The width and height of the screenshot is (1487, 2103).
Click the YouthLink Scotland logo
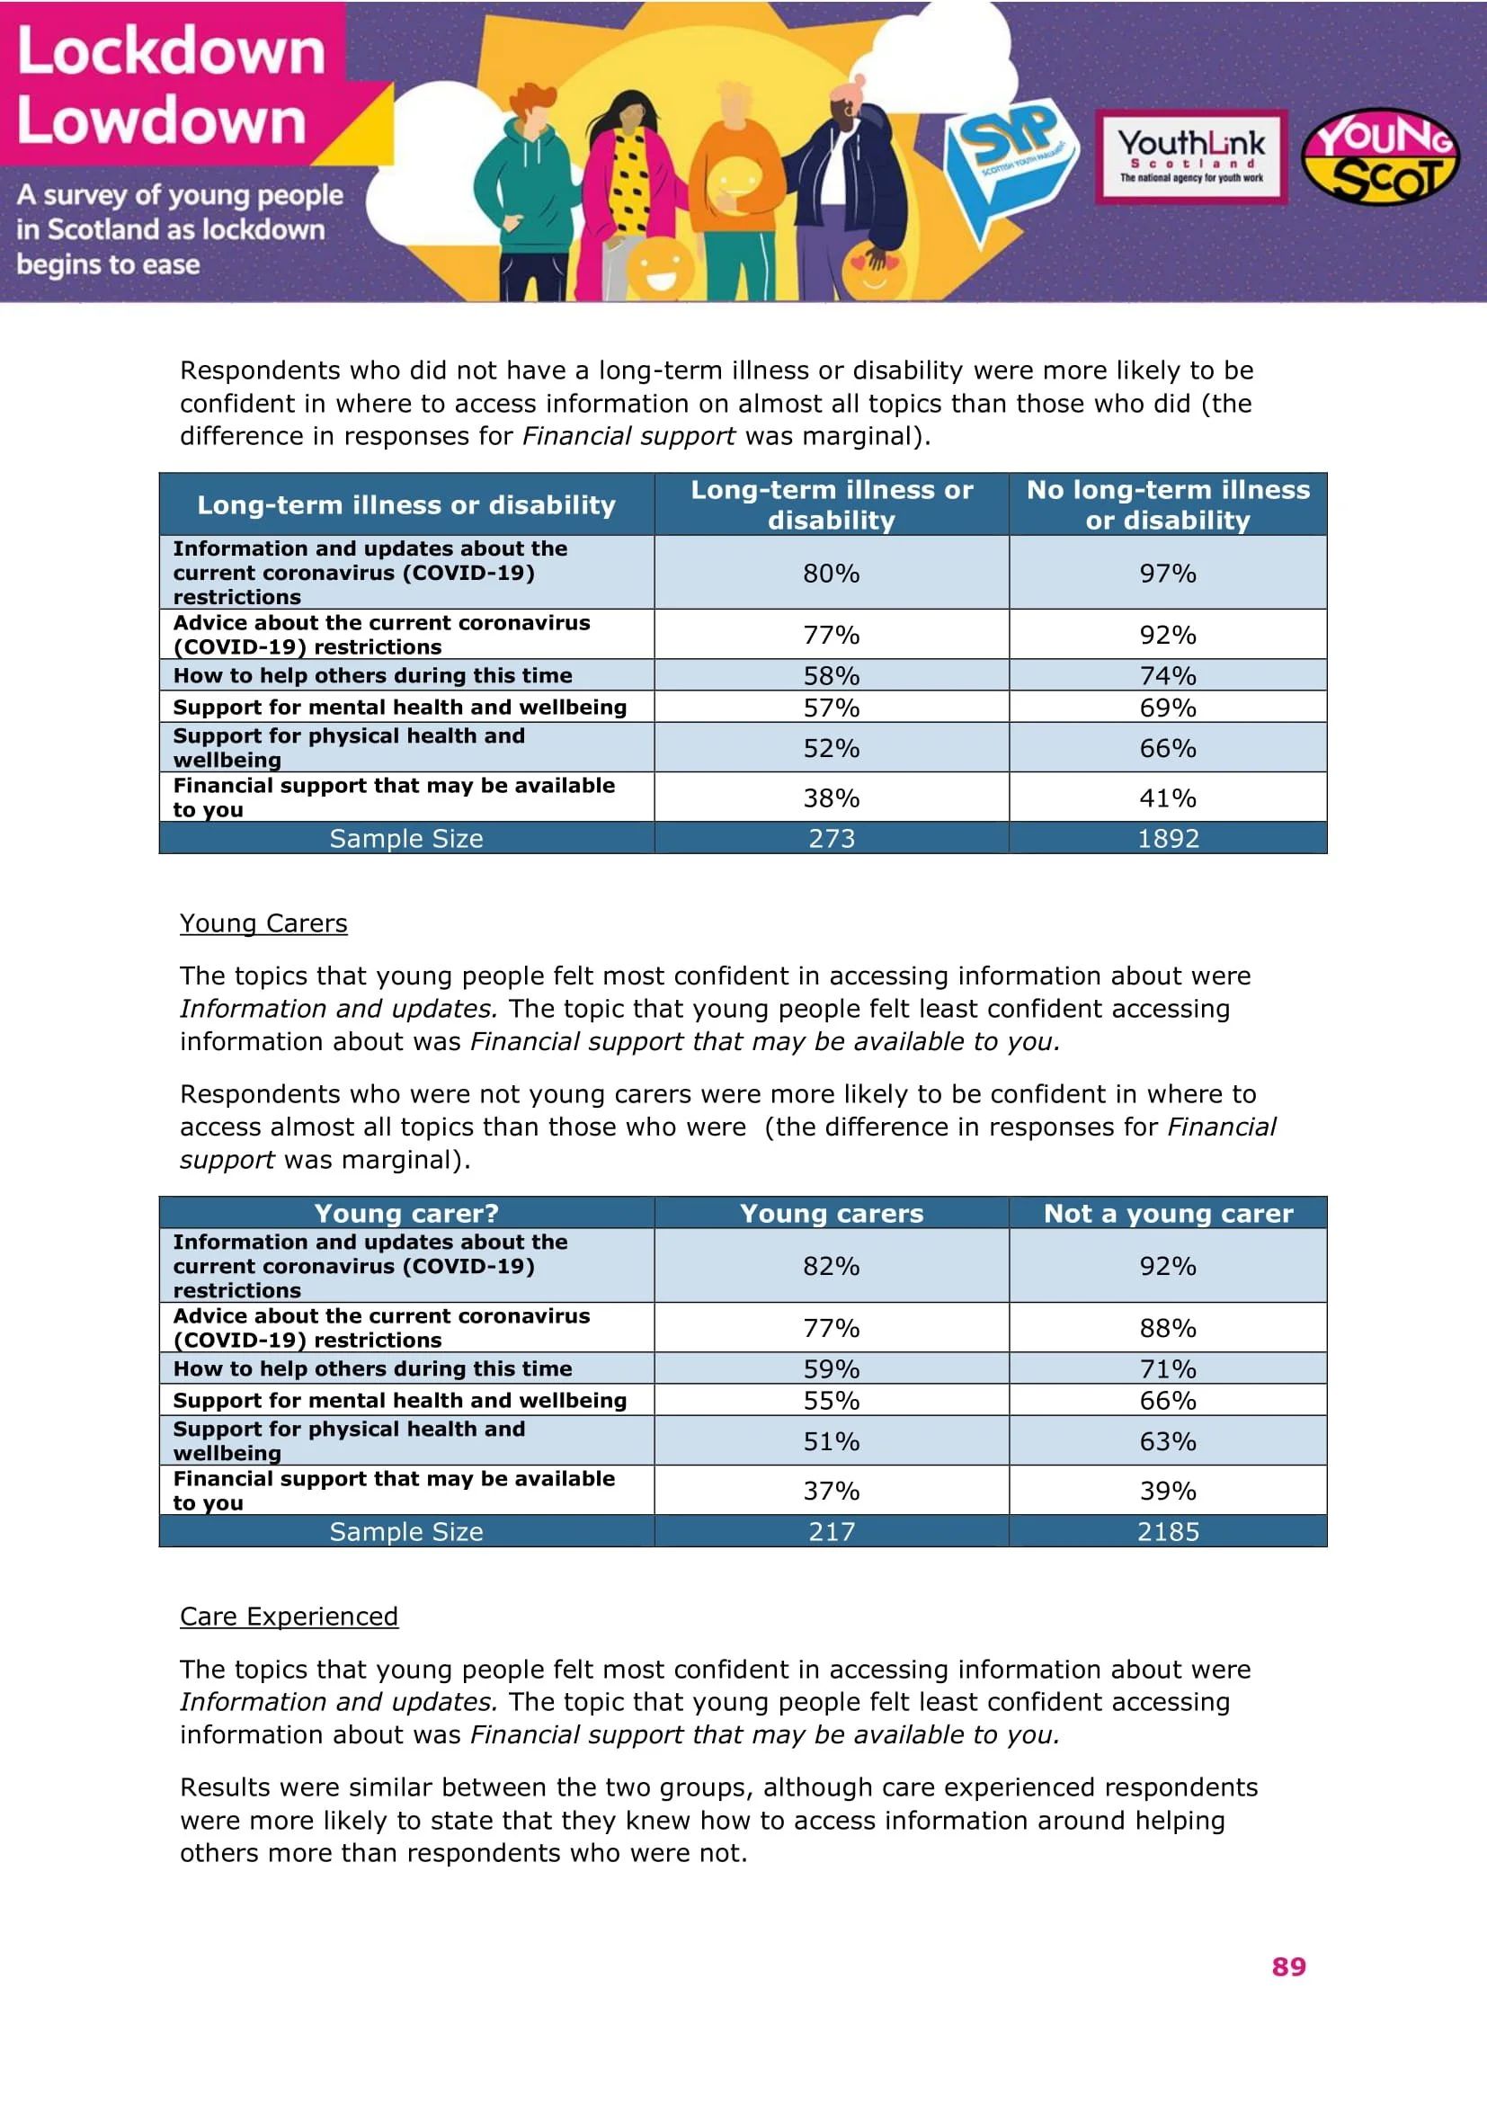tap(1191, 156)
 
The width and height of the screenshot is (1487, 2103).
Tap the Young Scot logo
tap(1380, 156)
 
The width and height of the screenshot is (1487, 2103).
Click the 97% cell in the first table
tap(1168, 574)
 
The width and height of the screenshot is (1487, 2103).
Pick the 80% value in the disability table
tap(832, 574)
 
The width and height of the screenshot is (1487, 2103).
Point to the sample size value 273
tap(832, 838)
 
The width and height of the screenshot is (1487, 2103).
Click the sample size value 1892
tap(1168, 838)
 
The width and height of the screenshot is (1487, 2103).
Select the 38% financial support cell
tap(832, 798)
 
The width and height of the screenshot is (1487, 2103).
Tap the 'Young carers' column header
tap(832, 1213)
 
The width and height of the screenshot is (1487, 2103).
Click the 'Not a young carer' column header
tap(1168, 1213)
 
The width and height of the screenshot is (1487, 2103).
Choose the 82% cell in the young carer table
tap(832, 1266)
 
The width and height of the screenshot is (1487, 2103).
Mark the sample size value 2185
tap(1168, 1531)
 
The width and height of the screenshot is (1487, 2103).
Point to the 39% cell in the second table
tap(1168, 1490)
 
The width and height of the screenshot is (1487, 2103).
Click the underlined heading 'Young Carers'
tap(263, 923)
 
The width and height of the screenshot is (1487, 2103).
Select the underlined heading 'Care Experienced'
tap(289, 1617)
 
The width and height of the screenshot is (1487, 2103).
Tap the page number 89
tap(1288, 1966)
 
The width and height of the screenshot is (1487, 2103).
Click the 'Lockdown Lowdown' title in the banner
tap(171, 85)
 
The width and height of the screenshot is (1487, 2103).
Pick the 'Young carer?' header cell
tap(406, 1213)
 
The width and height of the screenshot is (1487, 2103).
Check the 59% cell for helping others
tap(832, 1368)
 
